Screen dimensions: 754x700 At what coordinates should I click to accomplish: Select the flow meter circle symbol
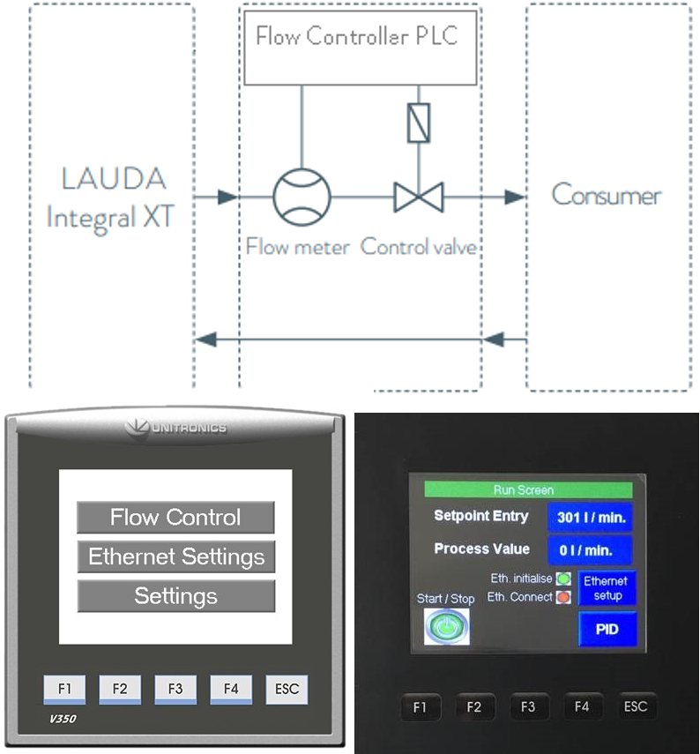pyautogui.click(x=302, y=196)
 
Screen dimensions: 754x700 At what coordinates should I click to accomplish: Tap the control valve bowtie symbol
pyautogui.click(x=418, y=197)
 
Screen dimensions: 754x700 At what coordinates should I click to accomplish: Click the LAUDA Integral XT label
pyautogui.click(x=112, y=197)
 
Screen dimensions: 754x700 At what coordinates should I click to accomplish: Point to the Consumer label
pyautogui.click(x=607, y=195)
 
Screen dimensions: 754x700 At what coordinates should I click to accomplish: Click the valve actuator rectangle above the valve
pyautogui.click(x=418, y=123)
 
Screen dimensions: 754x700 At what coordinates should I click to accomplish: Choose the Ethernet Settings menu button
pyautogui.click(x=176, y=557)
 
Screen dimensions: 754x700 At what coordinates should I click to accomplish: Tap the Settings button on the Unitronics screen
pyautogui.click(x=176, y=597)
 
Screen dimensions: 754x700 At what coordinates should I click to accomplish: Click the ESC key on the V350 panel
pyautogui.click(x=287, y=690)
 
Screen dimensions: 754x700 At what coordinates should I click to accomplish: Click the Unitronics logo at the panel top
pyautogui.click(x=176, y=428)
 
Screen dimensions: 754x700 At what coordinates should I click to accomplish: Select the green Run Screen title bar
pyautogui.click(x=529, y=489)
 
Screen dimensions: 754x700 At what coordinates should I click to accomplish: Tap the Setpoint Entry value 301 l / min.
pyautogui.click(x=591, y=518)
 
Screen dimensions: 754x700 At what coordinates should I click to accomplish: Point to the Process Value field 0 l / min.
pyautogui.click(x=591, y=550)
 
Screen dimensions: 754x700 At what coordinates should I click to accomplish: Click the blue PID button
pyautogui.click(x=607, y=630)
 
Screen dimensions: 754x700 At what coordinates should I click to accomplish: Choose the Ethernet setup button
pyautogui.click(x=607, y=588)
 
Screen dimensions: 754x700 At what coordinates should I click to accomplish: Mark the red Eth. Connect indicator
pyautogui.click(x=563, y=597)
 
